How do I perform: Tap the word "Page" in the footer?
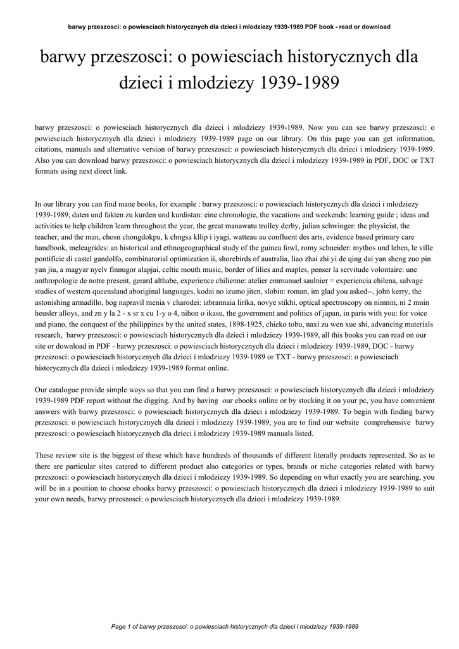pos(118,627)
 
